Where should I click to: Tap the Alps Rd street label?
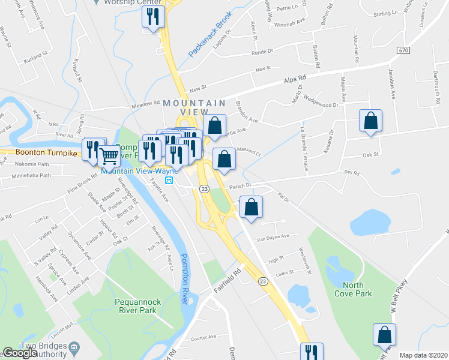[295, 79]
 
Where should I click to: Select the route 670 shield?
[403, 51]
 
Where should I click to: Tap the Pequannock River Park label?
[136, 306]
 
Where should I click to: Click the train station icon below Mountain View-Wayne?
[170, 179]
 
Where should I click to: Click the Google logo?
[20, 353]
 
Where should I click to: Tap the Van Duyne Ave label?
[273, 237]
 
